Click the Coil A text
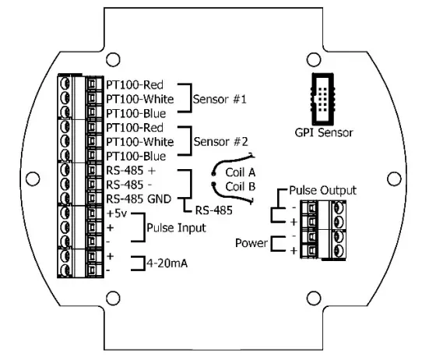(x=241, y=172)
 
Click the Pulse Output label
(x=322, y=189)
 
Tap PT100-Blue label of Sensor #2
(x=134, y=156)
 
